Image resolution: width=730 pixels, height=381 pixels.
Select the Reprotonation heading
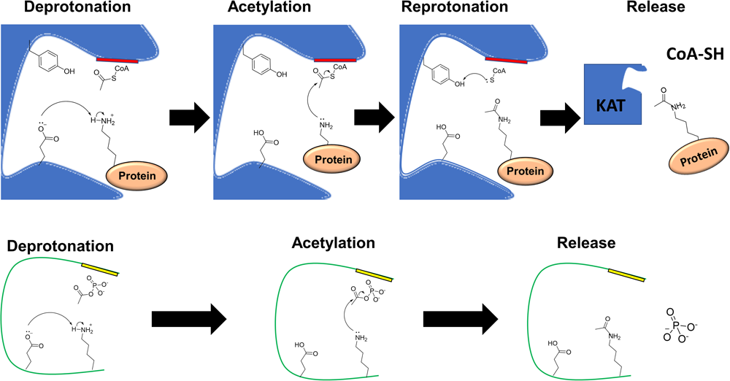pos(446,9)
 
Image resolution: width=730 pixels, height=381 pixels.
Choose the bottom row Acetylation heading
pos(332,242)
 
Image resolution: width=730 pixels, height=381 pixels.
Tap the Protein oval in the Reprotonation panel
pos(523,170)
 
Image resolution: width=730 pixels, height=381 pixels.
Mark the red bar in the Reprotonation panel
pos(507,58)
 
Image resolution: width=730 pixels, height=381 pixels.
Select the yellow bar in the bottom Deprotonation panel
pos(99,269)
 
